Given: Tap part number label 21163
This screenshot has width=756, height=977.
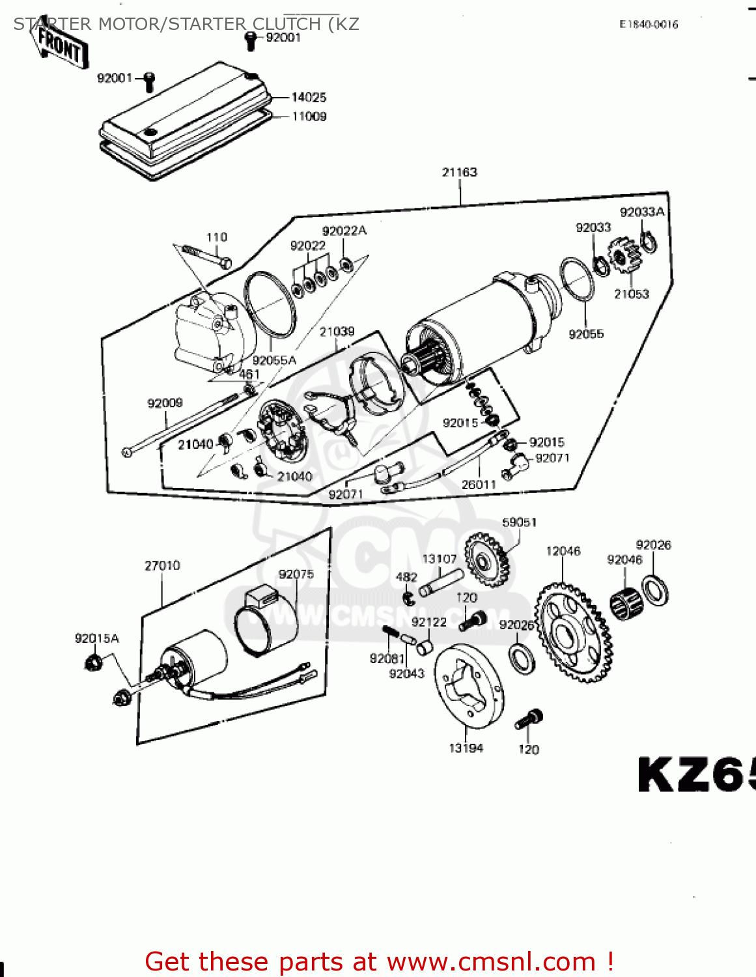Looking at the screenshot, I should click(x=460, y=172).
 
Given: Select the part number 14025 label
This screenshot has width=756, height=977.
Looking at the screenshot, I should click(x=309, y=97).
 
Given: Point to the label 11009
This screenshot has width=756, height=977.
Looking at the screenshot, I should click(x=309, y=117).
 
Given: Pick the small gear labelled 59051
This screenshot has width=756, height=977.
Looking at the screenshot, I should click(x=487, y=559).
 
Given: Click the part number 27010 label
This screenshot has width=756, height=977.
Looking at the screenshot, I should click(x=162, y=565).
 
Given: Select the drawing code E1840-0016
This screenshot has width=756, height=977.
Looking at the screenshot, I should click(x=649, y=25).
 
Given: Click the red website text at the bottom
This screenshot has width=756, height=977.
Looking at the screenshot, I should click(x=379, y=961).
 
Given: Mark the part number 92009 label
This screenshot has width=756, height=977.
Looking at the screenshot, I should click(x=165, y=403).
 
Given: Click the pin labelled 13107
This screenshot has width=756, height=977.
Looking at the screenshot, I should click(x=440, y=582).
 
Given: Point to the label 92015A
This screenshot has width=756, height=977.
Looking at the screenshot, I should click(x=97, y=638).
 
